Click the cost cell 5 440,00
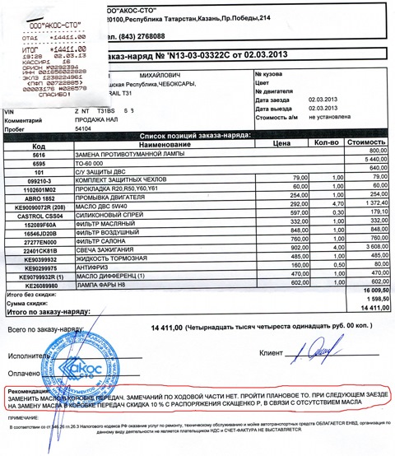coord(369,161)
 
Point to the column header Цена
coord(283,143)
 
